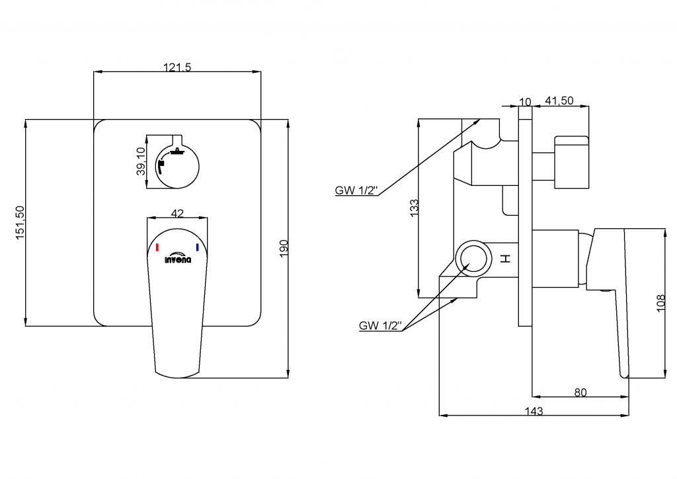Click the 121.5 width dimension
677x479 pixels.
(177, 66)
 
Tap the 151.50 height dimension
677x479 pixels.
(20, 222)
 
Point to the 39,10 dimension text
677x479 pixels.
(140, 161)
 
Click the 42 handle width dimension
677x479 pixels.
(177, 213)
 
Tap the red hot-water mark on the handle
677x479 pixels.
(157, 247)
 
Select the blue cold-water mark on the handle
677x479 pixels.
(197, 247)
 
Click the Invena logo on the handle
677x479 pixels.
(178, 259)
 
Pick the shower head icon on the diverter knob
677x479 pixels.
(177, 152)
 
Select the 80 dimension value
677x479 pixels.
(580, 392)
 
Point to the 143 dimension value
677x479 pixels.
(534, 411)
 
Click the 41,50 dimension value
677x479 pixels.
(559, 101)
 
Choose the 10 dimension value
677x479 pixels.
(526, 101)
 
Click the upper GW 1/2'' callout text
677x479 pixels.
(356, 191)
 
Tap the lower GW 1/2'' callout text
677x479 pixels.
(380, 326)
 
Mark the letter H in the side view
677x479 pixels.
(506, 259)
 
